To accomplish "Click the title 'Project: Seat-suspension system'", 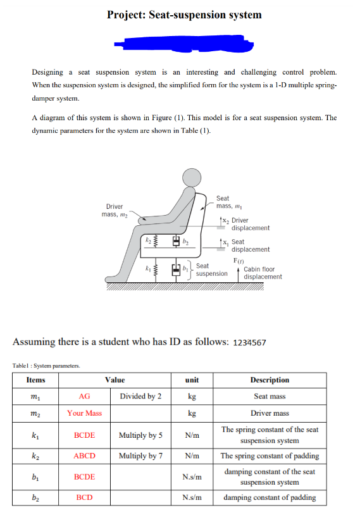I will pos(184,15).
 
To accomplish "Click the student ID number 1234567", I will pos(250,343).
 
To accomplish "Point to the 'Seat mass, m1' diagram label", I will pos(225,202).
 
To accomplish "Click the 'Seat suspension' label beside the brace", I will pos(211,270).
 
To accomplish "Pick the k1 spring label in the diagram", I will pos(146,270).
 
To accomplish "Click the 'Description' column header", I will pos(270,380).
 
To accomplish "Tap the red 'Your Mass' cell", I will pos(84,413).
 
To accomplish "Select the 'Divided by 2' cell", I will pos(140,397).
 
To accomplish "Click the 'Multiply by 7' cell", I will pos(140,456).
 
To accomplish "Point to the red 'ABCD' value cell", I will pos(84,456).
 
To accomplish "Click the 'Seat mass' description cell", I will pos(270,397).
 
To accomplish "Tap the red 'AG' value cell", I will pos(84,397).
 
